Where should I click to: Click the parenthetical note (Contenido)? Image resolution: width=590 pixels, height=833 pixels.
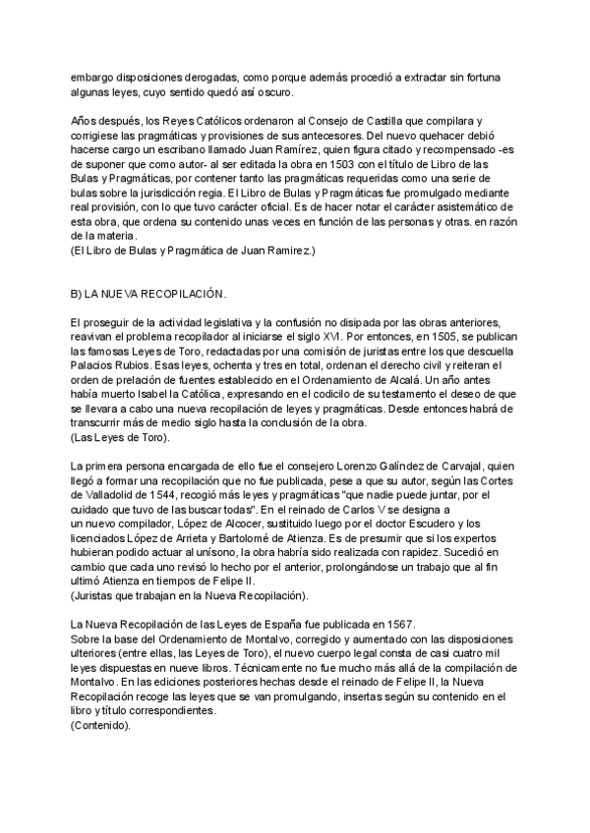[94, 726]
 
